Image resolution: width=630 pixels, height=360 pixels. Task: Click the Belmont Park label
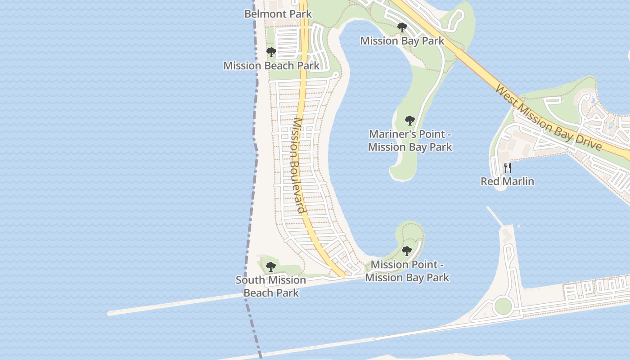pos(278,14)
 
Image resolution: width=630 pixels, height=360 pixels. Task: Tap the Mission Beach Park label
pos(271,66)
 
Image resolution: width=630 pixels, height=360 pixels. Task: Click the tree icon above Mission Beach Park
pos(271,52)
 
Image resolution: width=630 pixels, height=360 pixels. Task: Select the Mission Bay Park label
pos(402,41)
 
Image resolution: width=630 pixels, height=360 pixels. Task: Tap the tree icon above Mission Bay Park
pos(402,28)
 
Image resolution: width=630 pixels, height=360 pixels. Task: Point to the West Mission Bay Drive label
pos(548,117)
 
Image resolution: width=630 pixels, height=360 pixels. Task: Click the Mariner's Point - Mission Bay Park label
pos(409,140)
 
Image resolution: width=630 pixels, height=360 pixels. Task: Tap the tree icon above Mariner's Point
pos(409,121)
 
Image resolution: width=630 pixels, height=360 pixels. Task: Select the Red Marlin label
pos(507,181)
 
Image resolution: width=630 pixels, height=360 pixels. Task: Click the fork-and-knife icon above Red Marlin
pos(508,168)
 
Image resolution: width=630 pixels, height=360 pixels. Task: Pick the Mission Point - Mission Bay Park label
pos(407,271)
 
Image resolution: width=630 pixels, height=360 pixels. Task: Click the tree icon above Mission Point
pos(407,251)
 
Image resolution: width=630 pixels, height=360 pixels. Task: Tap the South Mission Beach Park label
pos(271,286)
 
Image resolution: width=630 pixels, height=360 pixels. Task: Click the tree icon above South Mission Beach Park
pos(270,267)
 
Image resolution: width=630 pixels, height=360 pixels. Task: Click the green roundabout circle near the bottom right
pos(503,306)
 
